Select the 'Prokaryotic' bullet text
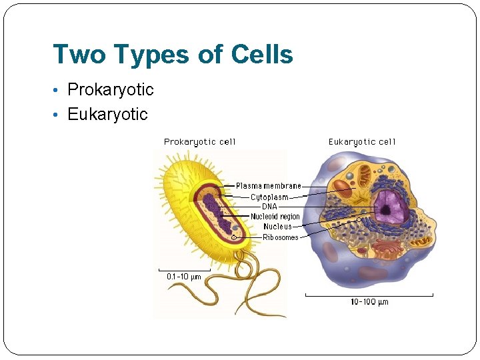click(x=111, y=89)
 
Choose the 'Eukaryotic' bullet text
click(x=107, y=114)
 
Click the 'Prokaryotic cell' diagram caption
click(x=200, y=141)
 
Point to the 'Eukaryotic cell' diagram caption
click(x=362, y=141)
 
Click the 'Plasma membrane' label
click(x=269, y=186)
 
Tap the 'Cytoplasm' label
click(x=269, y=197)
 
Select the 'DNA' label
click(x=269, y=207)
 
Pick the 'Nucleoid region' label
click(x=275, y=217)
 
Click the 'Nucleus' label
click(x=277, y=227)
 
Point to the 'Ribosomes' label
click(x=281, y=237)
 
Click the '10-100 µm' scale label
click(x=369, y=302)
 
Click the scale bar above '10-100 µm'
click(x=369, y=294)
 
